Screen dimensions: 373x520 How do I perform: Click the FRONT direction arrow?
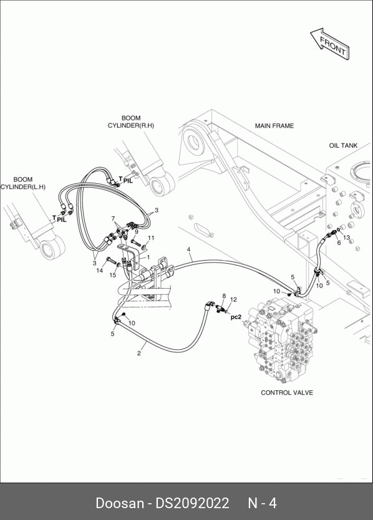[x=330, y=44]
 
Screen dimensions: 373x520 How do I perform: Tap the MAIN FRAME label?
[x=274, y=126]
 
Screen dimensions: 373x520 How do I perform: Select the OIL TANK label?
[x=343, y=145]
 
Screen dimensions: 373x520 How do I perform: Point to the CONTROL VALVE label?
[x=287, y=393]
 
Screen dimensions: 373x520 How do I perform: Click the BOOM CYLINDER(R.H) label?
[x=131, y=122]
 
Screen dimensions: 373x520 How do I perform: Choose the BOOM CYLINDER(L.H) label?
[x=23, y=183]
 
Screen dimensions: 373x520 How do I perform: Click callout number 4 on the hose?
[x=188, y=249]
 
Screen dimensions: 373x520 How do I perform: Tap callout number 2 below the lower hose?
[x=138, y=354]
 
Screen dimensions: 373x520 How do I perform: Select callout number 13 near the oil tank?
[x=346, y=238]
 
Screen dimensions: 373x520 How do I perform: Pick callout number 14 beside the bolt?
[x=100, y=270]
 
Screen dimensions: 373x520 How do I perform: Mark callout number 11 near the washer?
[x=151, y=238]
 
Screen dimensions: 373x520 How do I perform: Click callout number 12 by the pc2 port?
[x=233, y=299]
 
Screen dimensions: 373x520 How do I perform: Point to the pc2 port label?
[x=236, y=317]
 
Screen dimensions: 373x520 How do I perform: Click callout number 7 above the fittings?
[x=113, y=219]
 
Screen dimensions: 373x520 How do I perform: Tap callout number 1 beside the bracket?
[x=148, y=257]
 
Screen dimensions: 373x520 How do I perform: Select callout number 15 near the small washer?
[x=113, y=275]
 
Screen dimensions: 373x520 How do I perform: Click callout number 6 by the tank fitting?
[x=339, y=243]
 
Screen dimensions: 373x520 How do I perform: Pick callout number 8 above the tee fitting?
[x=224, y=296]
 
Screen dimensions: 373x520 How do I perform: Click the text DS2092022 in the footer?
[x=193, y=503]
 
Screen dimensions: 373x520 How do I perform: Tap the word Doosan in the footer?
[x=120, y=503]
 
